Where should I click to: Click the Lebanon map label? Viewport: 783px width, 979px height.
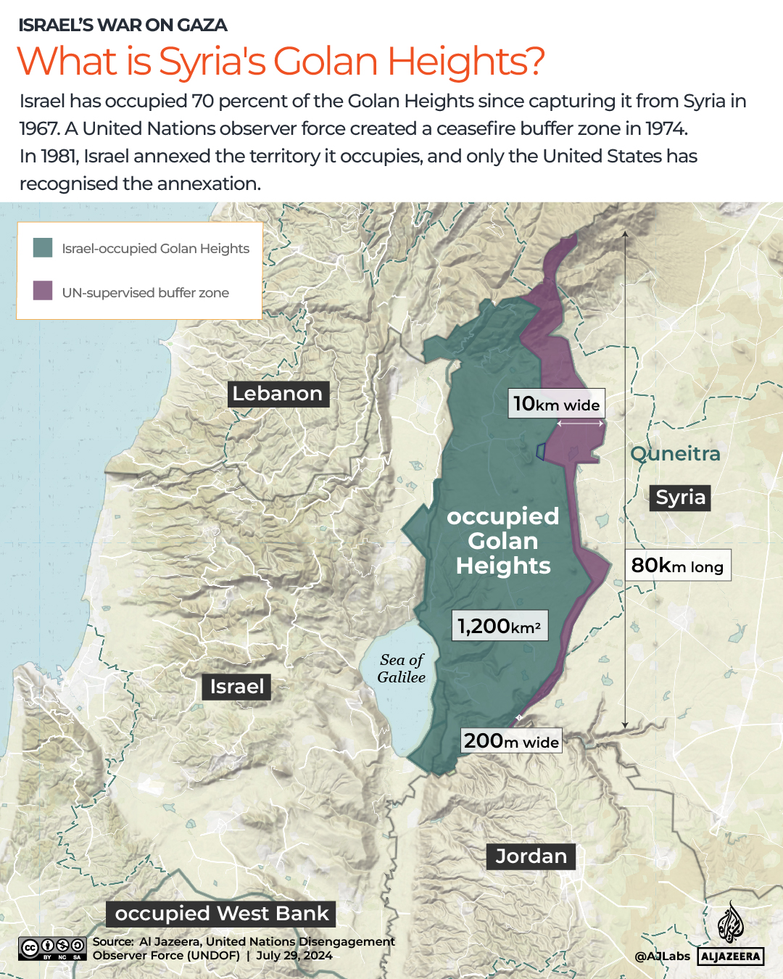point(278,394)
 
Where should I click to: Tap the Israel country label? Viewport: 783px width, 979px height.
point(237,687)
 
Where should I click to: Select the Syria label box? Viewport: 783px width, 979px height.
point(680,497)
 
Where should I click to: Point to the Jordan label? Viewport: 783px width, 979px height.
point(531,856)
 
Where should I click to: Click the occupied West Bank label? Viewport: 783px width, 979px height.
point(222,914)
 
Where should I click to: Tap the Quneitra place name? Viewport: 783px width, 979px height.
point(675,454)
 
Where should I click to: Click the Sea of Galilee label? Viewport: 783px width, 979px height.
point(402,669)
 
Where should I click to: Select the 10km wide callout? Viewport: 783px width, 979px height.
point(556,404)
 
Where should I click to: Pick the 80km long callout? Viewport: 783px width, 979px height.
point(677,566)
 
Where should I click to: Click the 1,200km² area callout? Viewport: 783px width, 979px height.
point(500,626)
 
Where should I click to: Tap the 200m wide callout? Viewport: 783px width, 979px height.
point(511,741)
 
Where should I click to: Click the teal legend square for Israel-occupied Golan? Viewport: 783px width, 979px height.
point(43,248)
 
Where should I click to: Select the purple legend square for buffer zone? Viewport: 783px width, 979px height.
point(43,291)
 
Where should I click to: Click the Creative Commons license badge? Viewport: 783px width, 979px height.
point(53,949)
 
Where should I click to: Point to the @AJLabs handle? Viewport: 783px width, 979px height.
point(662,957)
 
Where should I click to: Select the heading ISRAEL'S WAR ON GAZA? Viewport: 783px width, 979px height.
point(123,25)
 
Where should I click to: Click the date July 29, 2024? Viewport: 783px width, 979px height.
point(294,956)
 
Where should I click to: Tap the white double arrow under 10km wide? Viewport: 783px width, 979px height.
point(580,423)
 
